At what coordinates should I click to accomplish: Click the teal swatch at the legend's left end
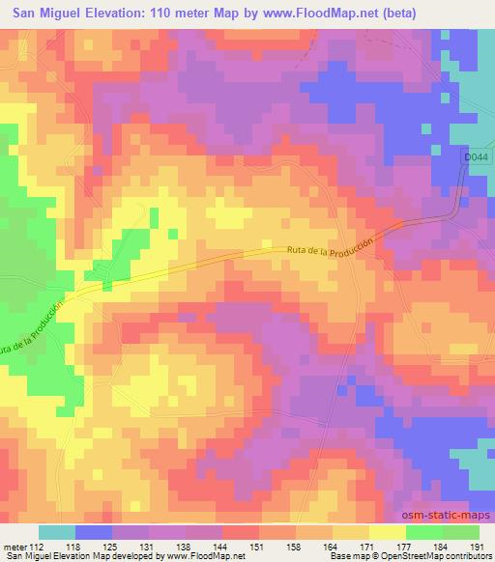[x=57, y=532]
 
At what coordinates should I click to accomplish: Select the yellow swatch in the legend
[x=386, y=532]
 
